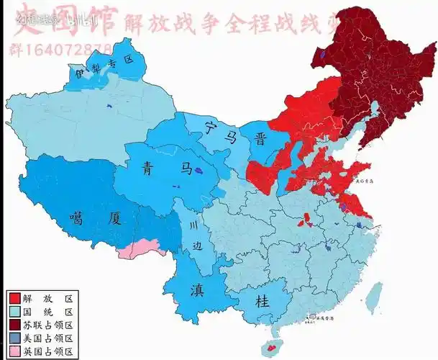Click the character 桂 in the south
263,302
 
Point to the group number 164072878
61,49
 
